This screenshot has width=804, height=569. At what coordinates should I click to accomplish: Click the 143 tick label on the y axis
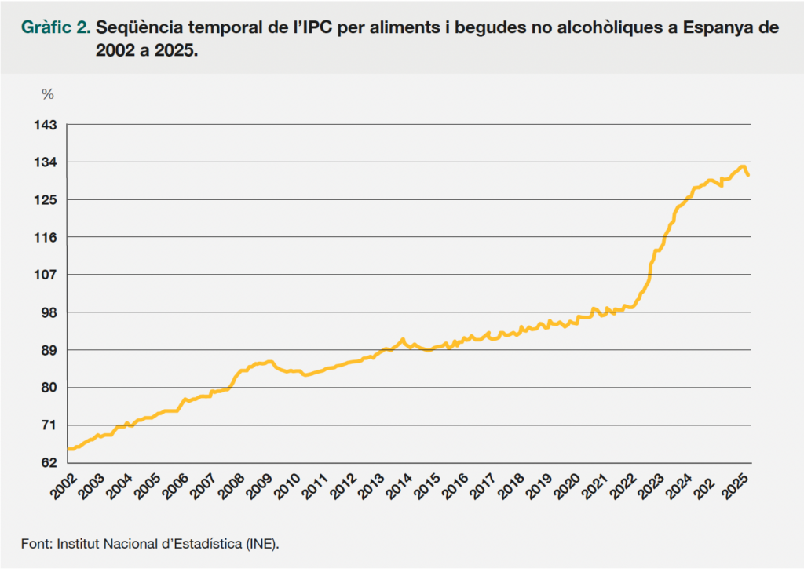click(x=48, y=125)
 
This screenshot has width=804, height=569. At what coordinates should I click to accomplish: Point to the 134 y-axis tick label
click(x=48, y=162)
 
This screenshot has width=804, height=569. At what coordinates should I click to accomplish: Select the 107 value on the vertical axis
click(x=48, y=275)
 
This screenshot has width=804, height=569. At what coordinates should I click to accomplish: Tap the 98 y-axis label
click(x=50, y=312)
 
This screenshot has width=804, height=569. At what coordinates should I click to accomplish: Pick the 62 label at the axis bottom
click(x=50, y=462)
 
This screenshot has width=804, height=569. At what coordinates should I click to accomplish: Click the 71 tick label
click(x=50, y=425)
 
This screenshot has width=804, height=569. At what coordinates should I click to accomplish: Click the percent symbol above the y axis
click(x=48, y=94)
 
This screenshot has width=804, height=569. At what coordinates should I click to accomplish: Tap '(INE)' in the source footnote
click(x=262, y=543)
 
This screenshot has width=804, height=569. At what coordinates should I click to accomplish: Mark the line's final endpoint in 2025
click(x=747, y=175)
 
